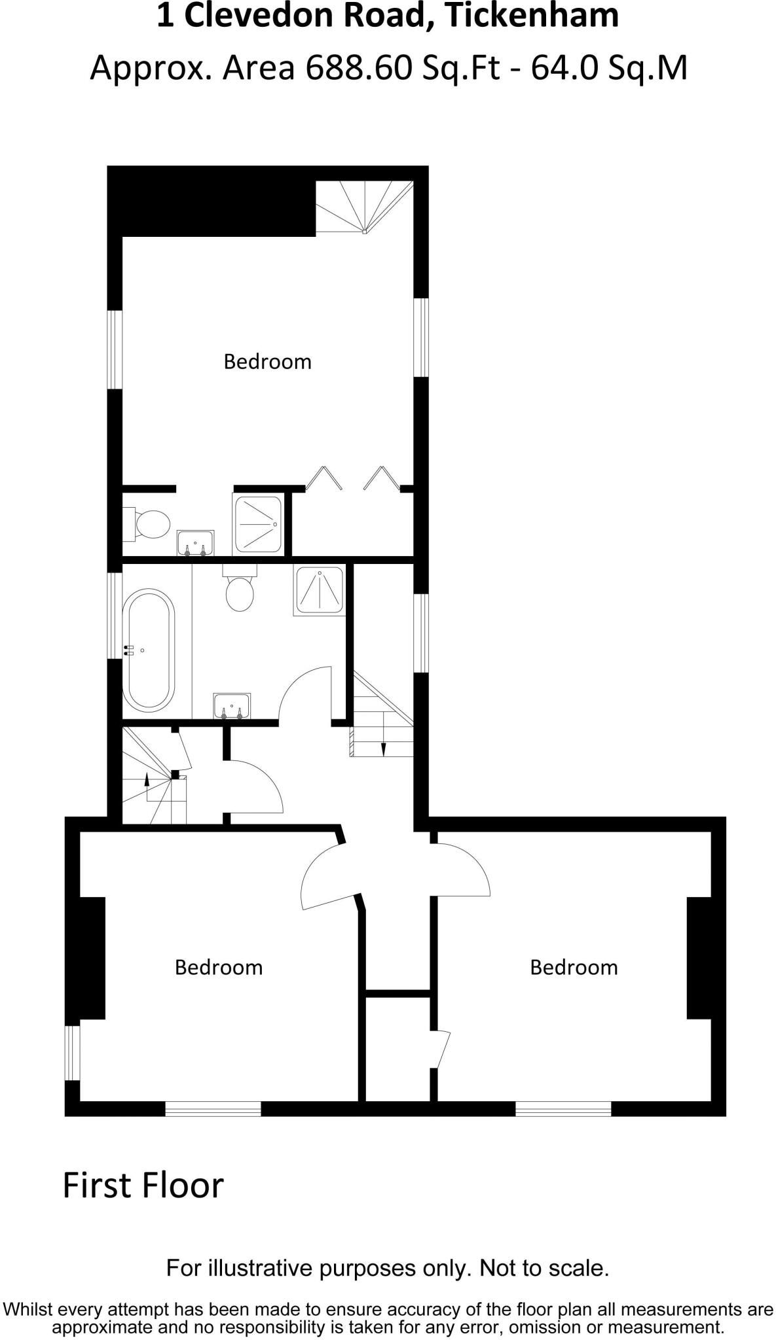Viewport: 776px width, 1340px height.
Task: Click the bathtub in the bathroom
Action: click(149, 650)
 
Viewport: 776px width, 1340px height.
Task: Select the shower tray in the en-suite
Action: click(258, 525)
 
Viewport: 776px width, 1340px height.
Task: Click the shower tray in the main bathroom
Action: click(320, 591)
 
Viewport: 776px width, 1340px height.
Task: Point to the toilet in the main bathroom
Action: click(239, 590)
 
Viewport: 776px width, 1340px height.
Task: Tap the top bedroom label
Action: click(267, 362)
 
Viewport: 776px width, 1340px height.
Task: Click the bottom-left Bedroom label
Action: click(218, 968)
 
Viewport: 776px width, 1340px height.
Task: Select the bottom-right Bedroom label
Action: click(574, 968)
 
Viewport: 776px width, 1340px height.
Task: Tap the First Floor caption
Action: click(143, 1185)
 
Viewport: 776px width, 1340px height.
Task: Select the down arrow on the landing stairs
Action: click(384, 749)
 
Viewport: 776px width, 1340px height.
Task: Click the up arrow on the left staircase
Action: click(147, 779)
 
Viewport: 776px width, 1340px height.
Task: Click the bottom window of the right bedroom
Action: click(563, 1108)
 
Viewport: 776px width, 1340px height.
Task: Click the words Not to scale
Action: click(544, 1269)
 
